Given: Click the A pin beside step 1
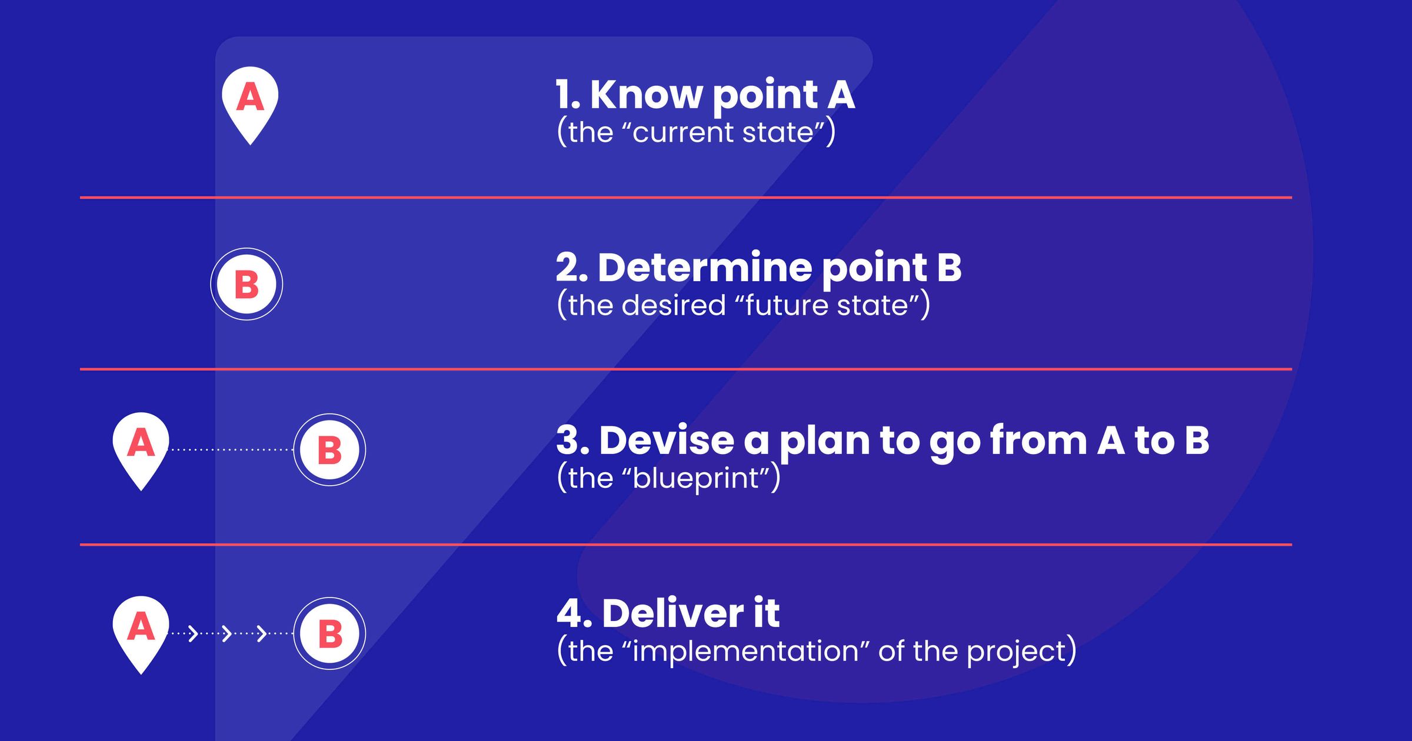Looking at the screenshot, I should [250, 100].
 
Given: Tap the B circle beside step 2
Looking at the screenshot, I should [247, 284].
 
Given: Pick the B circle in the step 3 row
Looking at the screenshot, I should [329, 450].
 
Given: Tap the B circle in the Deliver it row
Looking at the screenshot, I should [329, 633].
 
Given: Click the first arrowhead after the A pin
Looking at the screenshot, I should [192, 633].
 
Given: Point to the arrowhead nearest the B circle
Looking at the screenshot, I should [262, 633].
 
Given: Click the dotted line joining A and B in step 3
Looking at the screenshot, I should [231, 450].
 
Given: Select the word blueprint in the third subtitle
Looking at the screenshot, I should [700, 478].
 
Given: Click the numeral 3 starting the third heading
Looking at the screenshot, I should [571, 440].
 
